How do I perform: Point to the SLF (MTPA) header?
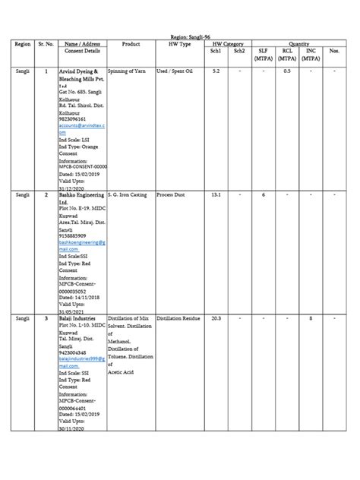[x=264, y=54]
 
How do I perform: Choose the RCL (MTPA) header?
[x=287, y=54]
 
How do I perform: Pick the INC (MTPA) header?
[x=311, y=54]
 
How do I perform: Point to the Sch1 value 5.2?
[x=216, y=71]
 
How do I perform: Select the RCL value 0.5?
[x=287, y=71]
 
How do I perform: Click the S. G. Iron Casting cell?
[x=128, y=195]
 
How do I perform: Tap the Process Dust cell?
[x=171, y=195]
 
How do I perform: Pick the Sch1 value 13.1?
[x=216, y=195]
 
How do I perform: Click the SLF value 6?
[x=264, y=195]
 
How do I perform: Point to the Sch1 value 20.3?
[x=216, y=319]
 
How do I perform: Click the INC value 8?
[x=311, y=319]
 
